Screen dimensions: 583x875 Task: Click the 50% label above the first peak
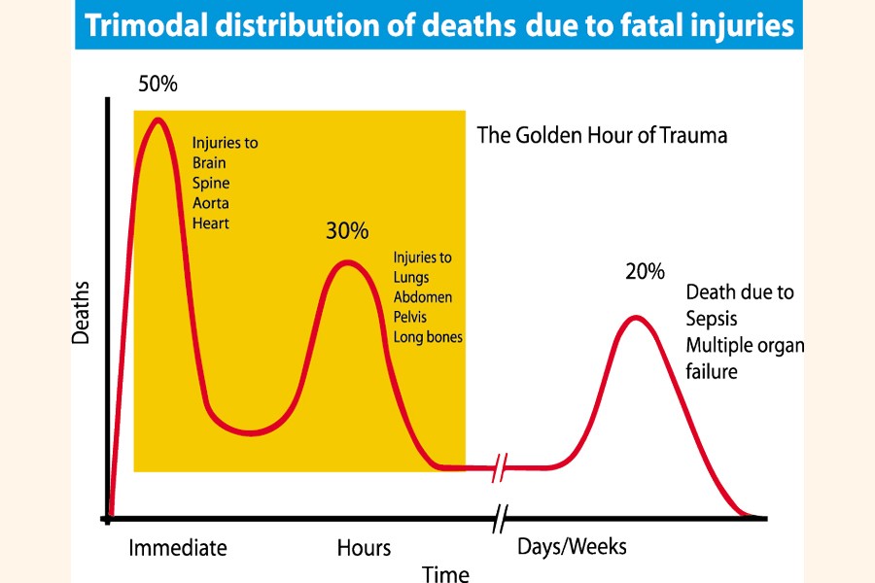pyautogui.click(x=157, y=85)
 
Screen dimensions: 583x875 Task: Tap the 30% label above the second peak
pyautogui.click(x=347, y=231)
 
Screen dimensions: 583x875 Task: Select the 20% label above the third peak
pyautogui.click(x=645, y=271)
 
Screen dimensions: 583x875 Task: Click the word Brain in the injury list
pyautogui.click(x=210, y=162)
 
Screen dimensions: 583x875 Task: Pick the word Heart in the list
pyautogui.click(x=211, y=223)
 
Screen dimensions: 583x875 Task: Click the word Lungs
pyautogui.click(x=412, y=278)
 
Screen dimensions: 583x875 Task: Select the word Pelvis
pyautogui.click(x=410, y=317)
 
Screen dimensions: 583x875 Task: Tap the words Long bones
pyautogui.click(x=428, y=337)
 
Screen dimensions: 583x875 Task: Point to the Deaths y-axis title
pyautogui.click(x=82, y=314)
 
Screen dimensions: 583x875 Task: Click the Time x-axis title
pyautogui.click(x=445, y=573)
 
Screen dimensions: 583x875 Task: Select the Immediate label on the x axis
pyautogui.click(x=178, y=548)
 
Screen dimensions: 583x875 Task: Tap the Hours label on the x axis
pyautogui.click(x=364, y=548)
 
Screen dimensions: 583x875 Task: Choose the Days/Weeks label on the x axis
pyautogui.click(x=572, y=547)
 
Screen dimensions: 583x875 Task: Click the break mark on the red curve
pyautogui.click(x=498, y=467)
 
